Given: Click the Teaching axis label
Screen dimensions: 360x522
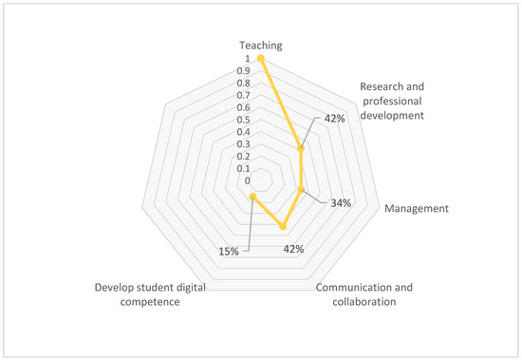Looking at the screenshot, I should [260, 45].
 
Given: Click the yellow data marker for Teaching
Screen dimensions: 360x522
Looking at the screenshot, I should [260, 58].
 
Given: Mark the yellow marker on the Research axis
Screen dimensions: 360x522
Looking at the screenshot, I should [301, 148].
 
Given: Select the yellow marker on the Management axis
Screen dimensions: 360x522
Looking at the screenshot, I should [301, 190].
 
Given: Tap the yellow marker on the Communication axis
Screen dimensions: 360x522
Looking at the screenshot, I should [283, 226].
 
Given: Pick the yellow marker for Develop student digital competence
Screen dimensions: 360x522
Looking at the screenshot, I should [252, 197].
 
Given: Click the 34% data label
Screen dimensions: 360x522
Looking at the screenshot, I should [341, 202].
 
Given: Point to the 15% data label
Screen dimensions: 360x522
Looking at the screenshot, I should [229, 251].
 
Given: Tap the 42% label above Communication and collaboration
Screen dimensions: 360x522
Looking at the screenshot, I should [293, 250].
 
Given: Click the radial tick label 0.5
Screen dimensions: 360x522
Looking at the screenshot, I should [245, 120].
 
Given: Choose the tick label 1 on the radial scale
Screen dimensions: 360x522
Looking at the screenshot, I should [249, 58].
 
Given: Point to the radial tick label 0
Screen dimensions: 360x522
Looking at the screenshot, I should [249, 180].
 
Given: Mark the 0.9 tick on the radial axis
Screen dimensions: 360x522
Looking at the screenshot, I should [245, 70].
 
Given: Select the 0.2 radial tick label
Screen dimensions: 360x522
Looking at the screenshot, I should [245, 156].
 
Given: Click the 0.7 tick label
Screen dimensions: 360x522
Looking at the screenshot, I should [245, 95].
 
